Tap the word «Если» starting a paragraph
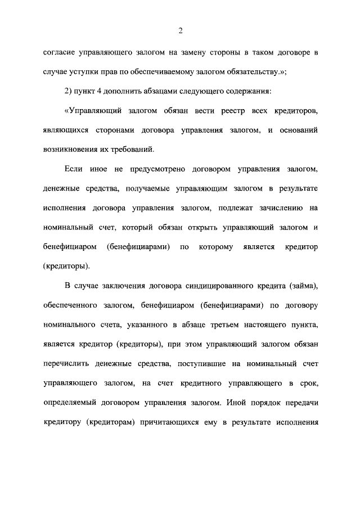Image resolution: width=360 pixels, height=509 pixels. tap(74, 169)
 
